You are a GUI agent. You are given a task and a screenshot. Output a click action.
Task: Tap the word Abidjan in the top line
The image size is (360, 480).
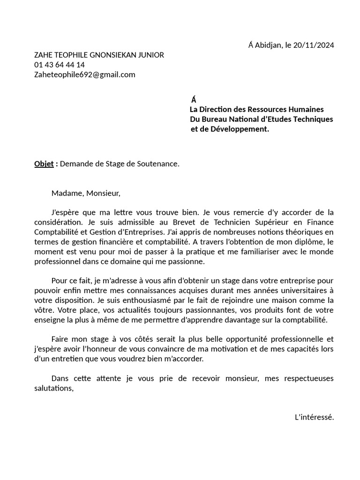268,45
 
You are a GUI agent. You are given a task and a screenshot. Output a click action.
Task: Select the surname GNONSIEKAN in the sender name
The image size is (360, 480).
113,55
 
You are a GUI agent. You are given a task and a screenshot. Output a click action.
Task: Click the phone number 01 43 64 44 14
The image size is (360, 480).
60,65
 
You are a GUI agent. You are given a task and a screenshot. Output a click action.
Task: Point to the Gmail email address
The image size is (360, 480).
85,75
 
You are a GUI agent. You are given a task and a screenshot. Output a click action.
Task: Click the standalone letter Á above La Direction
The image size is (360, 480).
194,99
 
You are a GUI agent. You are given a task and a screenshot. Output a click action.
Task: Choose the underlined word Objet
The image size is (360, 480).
44,164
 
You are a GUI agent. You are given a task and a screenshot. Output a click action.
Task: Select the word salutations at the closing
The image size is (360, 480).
54,388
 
